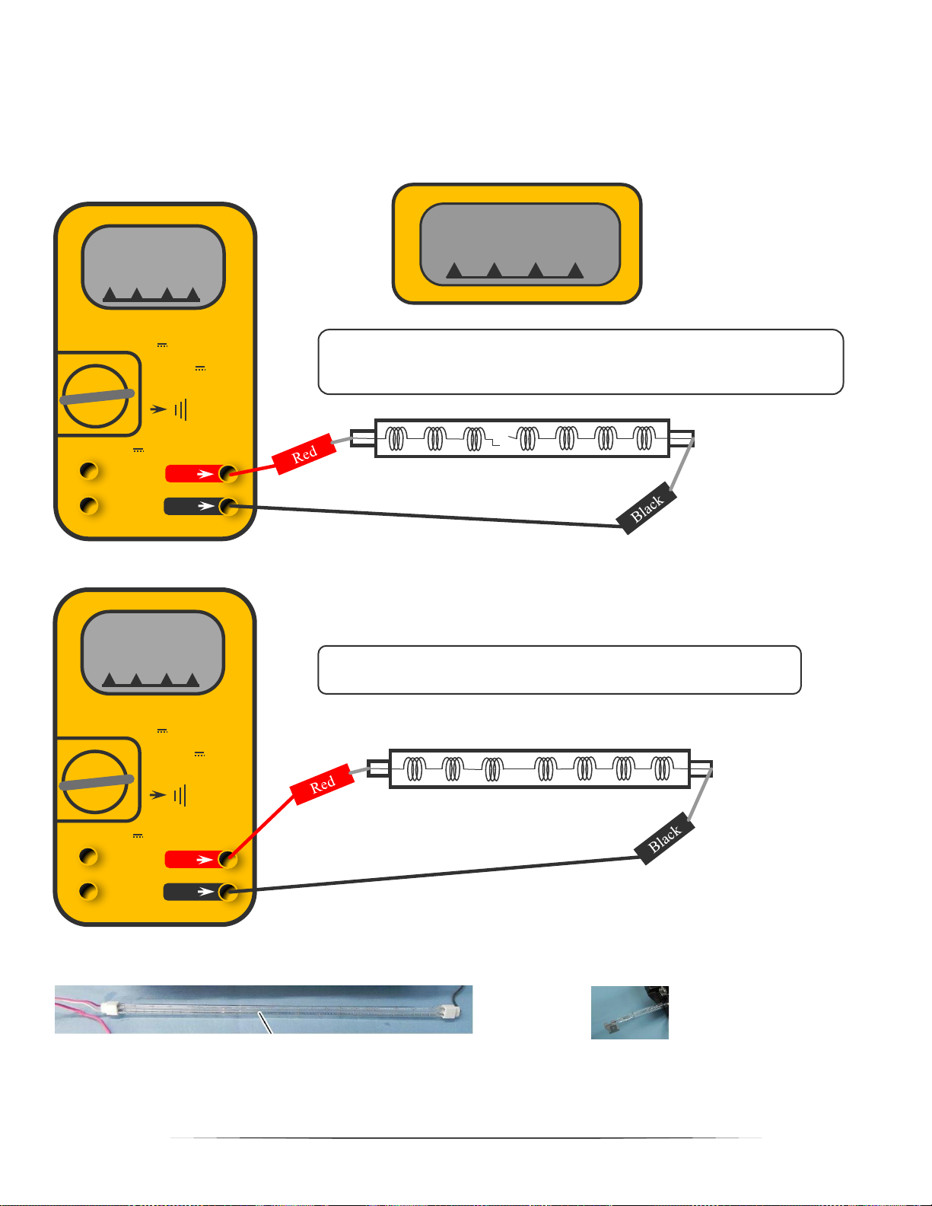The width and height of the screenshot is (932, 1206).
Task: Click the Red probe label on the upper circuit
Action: coord(304,454)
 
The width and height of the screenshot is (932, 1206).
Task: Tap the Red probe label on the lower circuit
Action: coord(323,784)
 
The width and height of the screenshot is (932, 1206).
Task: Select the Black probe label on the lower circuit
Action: coord(664,839)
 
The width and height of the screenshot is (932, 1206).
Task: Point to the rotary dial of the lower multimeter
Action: coord(95,781)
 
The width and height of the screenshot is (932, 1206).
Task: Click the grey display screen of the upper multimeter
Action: coord(153,266)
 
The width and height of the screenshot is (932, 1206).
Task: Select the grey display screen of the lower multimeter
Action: coord(153,652)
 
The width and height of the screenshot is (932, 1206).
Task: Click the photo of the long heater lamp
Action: coord(263,1010)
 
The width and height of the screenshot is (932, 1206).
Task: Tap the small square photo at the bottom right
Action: coord(630,1013)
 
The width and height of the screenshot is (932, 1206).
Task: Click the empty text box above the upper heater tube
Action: coord(581,361)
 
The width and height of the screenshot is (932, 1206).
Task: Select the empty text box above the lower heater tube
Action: coord(559,670)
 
